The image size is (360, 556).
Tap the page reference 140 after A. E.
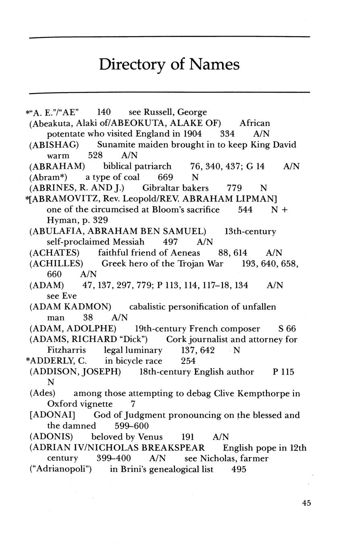point(104,112)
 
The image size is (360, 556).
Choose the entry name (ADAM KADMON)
point(70,307)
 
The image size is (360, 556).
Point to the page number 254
point(188,361)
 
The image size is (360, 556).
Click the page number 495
point(239,469)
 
